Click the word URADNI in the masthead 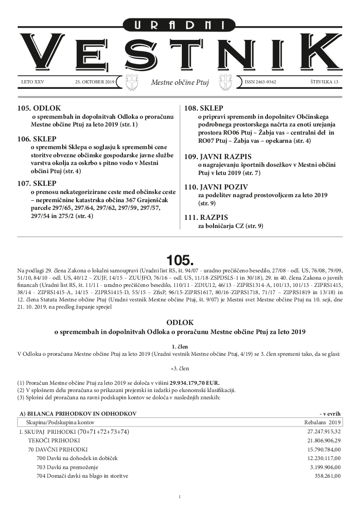click(x=180, y=25)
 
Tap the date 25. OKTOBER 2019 click(x=95, y=82)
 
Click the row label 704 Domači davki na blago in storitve click(x=82, y=476)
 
